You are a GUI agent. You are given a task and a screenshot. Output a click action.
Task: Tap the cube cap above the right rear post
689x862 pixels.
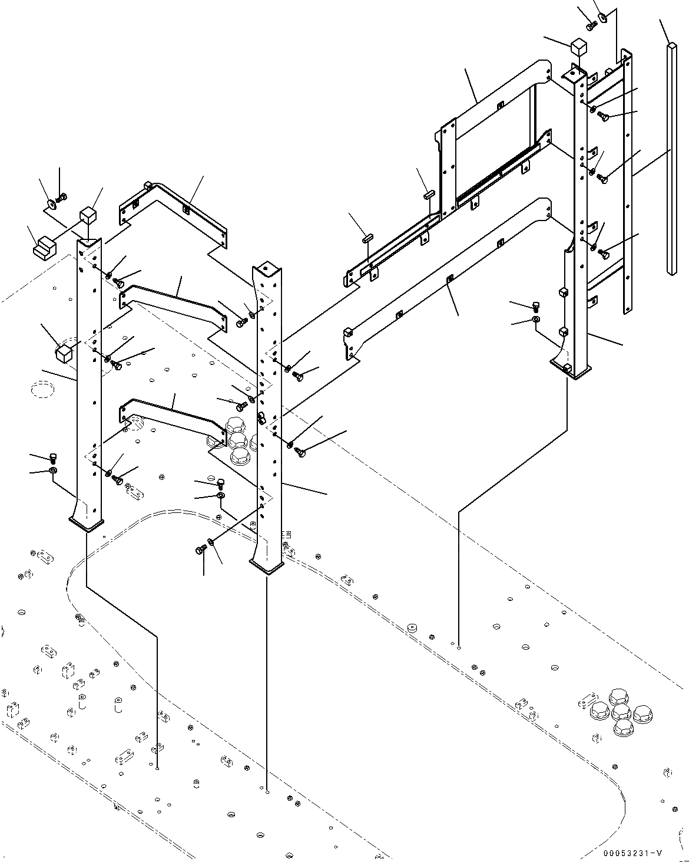point(578,47)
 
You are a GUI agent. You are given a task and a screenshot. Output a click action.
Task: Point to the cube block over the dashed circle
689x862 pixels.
point(63,353)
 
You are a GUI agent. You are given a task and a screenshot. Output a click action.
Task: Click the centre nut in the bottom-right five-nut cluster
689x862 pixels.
point(621,712)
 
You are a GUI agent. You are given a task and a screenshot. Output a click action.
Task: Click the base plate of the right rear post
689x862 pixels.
point(569,370)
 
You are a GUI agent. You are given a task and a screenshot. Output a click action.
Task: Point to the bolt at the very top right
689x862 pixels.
point(591,25)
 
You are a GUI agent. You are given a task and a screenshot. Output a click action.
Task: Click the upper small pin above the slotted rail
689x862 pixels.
point(429,194)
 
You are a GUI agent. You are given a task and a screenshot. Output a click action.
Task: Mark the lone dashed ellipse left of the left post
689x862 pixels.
point(42,389)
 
